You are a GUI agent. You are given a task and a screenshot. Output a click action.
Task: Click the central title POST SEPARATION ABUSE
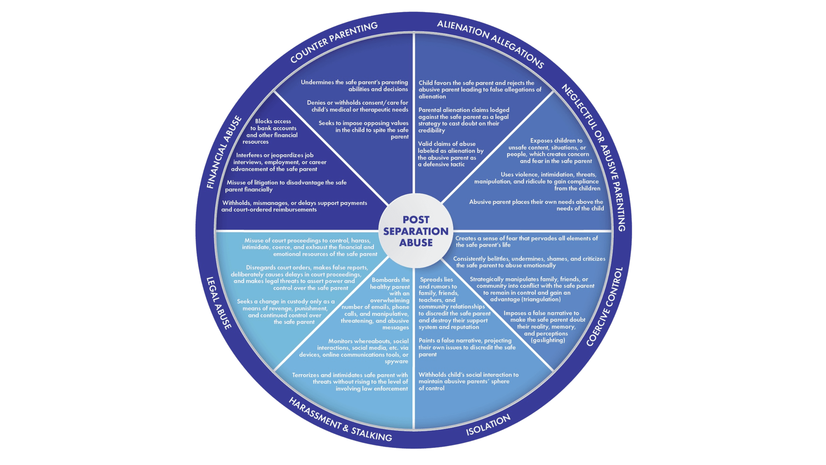[416, 231]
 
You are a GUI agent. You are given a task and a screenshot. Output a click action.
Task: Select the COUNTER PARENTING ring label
[333, 42]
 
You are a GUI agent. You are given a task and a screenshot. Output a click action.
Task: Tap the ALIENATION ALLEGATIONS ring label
[490, 43]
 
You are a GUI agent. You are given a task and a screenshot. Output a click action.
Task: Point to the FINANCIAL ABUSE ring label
[224, 152]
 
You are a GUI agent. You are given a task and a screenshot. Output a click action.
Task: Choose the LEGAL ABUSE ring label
[219, 303]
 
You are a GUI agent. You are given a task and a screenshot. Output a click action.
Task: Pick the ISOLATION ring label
[488, 425]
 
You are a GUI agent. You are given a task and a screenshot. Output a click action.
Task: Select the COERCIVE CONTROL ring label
[605, 307]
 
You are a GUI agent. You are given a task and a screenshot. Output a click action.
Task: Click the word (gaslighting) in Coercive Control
[548, 340]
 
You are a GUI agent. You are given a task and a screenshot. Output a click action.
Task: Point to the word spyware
[396, 361]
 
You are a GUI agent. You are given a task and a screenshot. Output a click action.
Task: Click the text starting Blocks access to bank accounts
[272, 131]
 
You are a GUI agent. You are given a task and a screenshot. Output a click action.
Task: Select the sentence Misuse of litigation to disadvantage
[286, 186]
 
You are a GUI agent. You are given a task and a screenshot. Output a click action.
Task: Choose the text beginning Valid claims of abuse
[451, 154]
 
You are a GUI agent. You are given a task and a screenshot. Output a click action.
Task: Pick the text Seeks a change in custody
[285, 311]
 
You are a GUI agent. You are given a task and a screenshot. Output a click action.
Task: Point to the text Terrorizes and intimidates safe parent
[350, 382]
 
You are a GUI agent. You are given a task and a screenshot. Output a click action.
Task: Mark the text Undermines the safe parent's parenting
[354, 85]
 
